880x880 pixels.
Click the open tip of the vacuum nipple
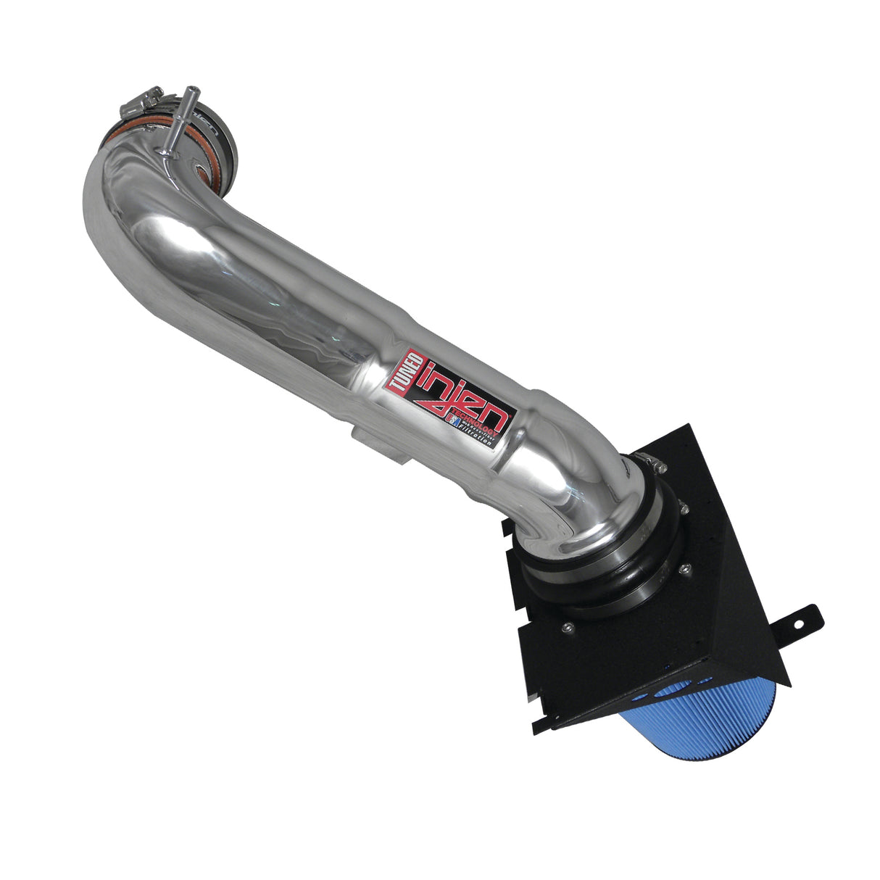point(192,90)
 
